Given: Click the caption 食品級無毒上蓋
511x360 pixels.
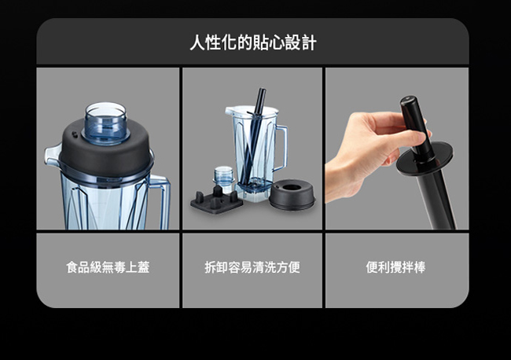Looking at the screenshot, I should (108, 267).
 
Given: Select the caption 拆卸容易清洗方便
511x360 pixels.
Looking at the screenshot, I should (252, 267).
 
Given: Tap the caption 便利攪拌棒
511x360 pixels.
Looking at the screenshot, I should (396, 267).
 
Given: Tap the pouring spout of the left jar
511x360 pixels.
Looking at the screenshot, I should (52, 154).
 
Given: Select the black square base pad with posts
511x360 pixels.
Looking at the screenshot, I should (215, 201).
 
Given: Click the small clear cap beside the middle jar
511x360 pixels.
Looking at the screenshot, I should (225, 176).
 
